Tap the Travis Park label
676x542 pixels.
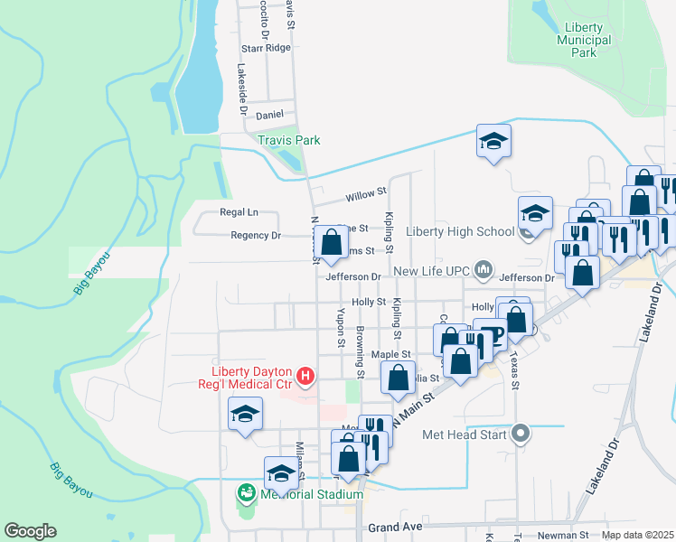289,140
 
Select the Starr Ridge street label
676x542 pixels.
266,48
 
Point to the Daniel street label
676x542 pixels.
269,115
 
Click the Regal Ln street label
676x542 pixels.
239,212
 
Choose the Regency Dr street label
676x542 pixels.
256,235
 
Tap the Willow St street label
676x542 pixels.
366,192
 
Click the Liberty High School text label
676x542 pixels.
460,231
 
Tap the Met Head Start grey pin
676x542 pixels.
520,434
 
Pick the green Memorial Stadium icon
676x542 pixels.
245,493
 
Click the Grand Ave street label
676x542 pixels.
395,526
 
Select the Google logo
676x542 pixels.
30,531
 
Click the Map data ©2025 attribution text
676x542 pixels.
637,535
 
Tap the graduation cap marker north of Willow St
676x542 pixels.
494,141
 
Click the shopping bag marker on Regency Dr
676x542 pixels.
332,241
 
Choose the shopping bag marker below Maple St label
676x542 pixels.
398,378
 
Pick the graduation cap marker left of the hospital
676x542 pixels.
245,414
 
